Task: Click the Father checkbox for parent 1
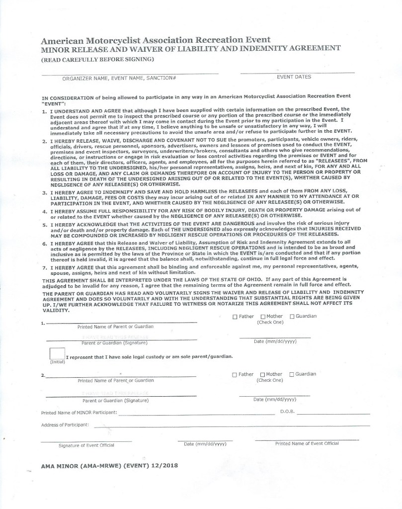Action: click(235, 317)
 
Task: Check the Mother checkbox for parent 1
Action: click(262, 317)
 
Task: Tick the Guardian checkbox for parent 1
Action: click(292, 317)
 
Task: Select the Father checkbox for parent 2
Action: click(235, 374)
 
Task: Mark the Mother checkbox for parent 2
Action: click(262, 374)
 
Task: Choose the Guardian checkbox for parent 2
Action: click(292, 374)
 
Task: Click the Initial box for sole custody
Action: click(58, 353)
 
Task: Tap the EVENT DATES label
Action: click(294, 77)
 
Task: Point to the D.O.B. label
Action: click(288, 412)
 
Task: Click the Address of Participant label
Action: click(65, 425)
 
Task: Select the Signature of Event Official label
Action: click(86, 445)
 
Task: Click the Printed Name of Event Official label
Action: click(307, 443)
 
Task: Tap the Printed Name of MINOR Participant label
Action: click(79, 413)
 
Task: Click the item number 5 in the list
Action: click(44, 225)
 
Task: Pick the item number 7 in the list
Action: click(44, 267)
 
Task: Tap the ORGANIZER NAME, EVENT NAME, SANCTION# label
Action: click(119, 79)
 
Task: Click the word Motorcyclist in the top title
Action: click(113, 40)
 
